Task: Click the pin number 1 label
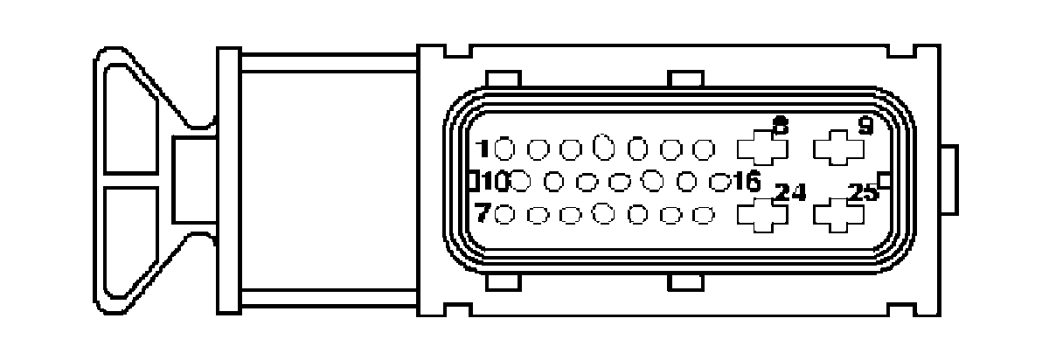point(482,149)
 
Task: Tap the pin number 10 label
point(495,182)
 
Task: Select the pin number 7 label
point(482,213)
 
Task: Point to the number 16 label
point(747,182)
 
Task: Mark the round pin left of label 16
point(720,182)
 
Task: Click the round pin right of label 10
point(521,182)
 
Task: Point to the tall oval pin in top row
point(603,149)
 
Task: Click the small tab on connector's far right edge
point(953,181)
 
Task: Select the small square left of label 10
point(473,182)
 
